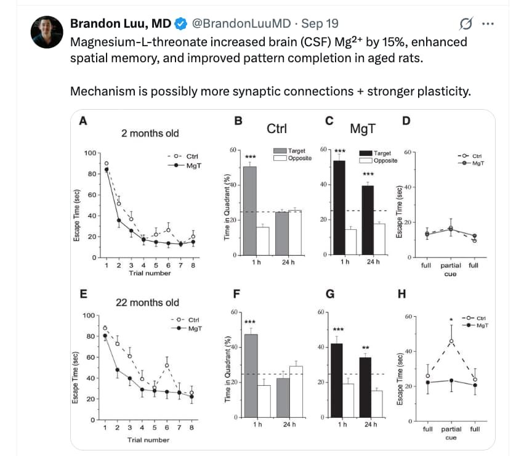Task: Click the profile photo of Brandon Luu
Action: coord(47,31)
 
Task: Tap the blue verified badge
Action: coord(181,24)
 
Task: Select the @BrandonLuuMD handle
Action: coord(241,24)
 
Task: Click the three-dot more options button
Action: coord(488,24)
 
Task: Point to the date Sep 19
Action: coord(320,24)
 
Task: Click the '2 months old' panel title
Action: coord(150,132)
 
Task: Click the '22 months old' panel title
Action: coord(148,302)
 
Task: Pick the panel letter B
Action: coord(238,121)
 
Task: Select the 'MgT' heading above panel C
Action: coord(363,130)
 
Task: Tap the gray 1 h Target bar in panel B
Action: coord(250,210)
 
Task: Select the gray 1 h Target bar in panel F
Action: coord(250,376)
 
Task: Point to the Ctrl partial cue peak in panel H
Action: coord(451,341)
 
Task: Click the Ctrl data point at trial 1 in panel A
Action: coord(107,163)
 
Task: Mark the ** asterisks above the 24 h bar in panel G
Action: coord(365,347)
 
